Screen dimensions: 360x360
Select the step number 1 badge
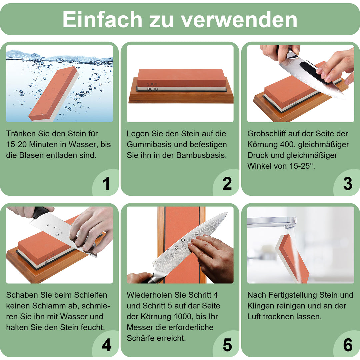pos(106,184)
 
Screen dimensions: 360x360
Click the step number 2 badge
pos(227,184)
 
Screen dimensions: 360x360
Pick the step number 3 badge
pos(347,184)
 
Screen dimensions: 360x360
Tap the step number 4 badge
pos(106,345)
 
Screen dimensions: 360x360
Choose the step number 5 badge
pos(227,345)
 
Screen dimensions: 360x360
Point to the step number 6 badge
pos(347,345)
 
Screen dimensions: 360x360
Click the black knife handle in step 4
pos(40,212)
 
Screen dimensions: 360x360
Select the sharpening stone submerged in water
pos(53,93)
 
